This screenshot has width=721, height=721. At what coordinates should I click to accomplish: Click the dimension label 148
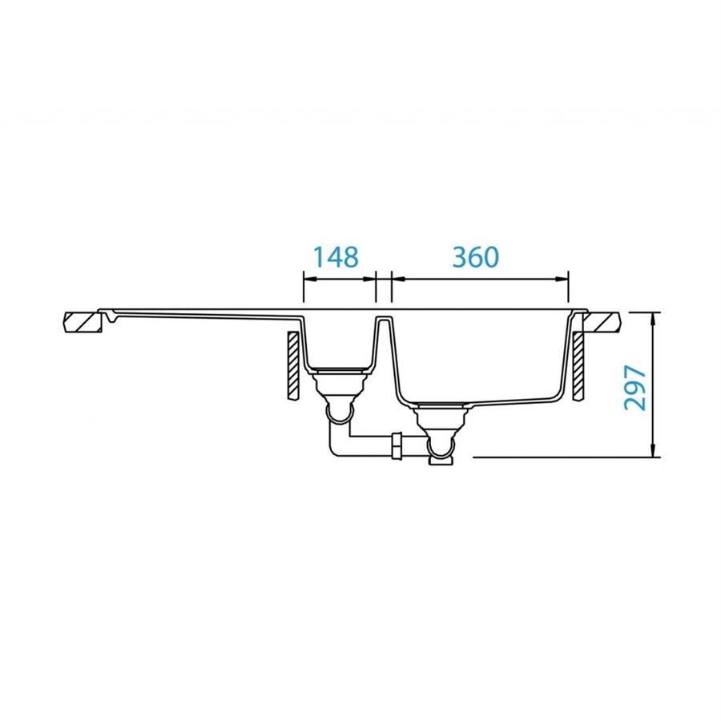(x=336, y=257)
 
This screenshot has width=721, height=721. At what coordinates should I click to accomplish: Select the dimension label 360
(x=475, y=257)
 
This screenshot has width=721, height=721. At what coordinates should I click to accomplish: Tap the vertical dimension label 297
(x=635, y=387)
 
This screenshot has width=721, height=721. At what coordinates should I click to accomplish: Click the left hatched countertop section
(x=83, y=322)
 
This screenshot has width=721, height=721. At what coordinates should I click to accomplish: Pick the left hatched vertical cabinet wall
(x=293, y=365)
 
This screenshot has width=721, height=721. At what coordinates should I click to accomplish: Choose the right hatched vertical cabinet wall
(x=578, y=365)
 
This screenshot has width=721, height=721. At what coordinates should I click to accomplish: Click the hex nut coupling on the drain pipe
(x=397, y=445)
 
